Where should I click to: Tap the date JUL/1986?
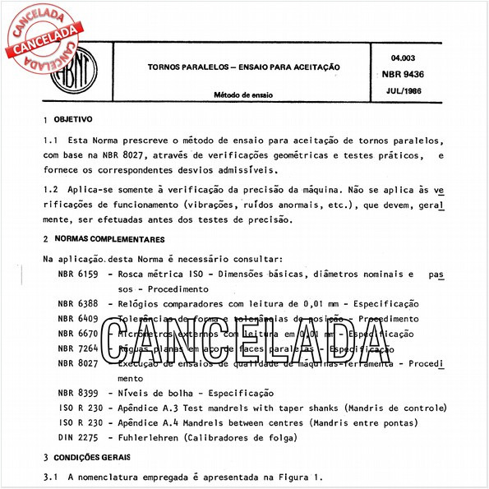399,88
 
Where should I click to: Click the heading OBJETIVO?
73,118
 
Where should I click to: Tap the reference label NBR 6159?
78,274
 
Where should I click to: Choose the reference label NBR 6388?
78,304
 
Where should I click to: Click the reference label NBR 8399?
78,394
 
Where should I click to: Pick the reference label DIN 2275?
78,439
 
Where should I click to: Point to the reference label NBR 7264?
78,349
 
